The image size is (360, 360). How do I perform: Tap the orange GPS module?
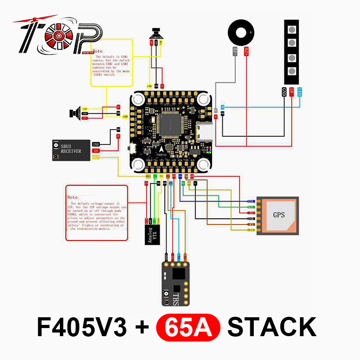coord(279,215)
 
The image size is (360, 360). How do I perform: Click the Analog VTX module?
coord(151,234)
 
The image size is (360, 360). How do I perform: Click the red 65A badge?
coord(188,327)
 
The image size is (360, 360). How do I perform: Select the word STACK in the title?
coord(272,327)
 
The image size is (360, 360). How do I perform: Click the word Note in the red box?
coord(72,197)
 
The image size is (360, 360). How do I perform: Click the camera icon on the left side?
coord(77,112)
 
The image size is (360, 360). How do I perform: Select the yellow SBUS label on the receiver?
coord(96,157)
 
